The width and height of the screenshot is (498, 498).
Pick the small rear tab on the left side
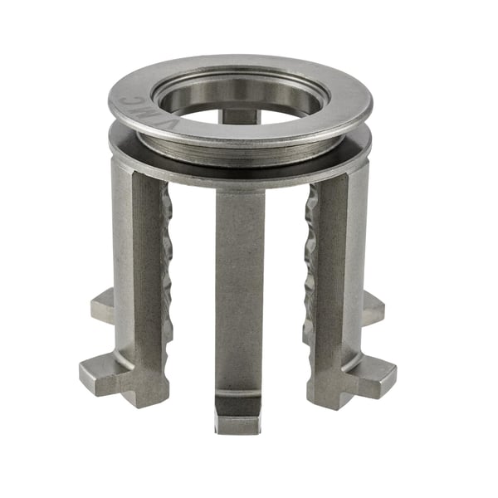(102, 305)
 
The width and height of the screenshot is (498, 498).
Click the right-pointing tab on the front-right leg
(378, 378)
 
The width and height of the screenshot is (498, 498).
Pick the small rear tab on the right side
(373, 307)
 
